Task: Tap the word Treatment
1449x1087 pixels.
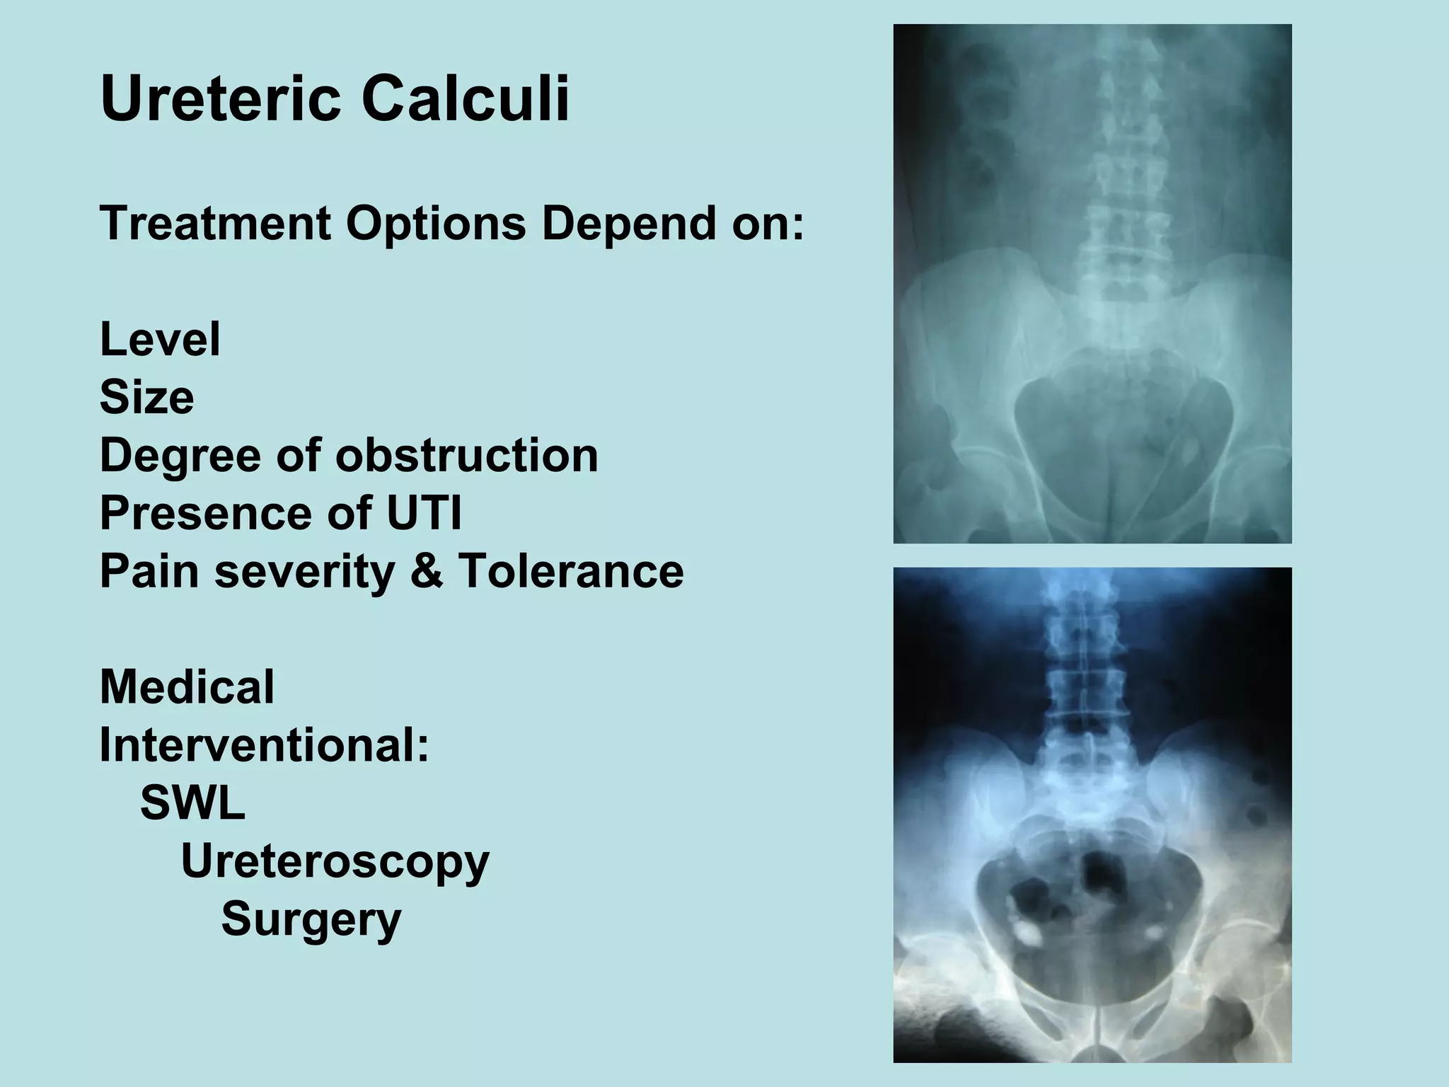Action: tap(215, 224)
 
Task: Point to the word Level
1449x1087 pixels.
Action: tap(160, 340)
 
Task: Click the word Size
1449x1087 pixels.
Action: tap(146, 398)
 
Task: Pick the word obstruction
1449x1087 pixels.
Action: tap(467, 455)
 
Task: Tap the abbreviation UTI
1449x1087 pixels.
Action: tap(424, 513)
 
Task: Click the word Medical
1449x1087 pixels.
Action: tap(187, 687)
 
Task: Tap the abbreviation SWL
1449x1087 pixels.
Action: tap(192, 803)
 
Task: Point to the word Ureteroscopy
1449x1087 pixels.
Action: tap(335, 863)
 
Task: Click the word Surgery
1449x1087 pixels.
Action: tap(311, 920)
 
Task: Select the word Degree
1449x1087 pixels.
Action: tap(180, 456)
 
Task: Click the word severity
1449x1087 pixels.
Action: tap(305, 573)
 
